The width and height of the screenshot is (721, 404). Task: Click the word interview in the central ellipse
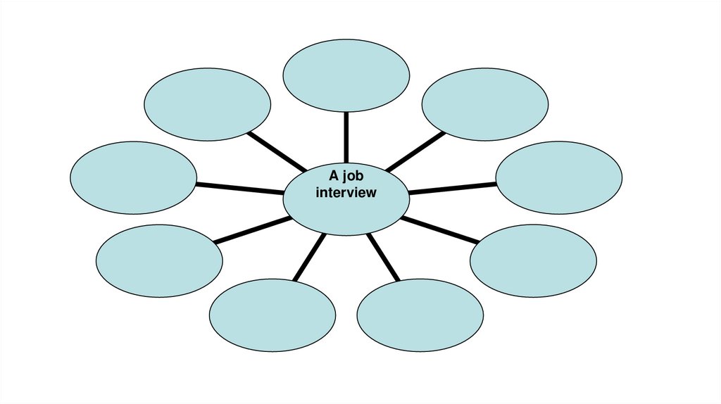(346, 192)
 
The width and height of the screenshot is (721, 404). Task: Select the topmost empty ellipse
(346, 75)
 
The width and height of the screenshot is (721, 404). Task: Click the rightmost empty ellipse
(559, 177)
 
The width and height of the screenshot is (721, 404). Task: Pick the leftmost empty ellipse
(134, 177)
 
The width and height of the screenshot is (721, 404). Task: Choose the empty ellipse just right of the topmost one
(485, 104)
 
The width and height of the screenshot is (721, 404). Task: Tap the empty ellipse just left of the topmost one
(207, 103)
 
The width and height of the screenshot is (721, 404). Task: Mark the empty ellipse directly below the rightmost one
(533, 260)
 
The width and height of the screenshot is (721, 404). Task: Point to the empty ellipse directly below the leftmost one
(159, 260)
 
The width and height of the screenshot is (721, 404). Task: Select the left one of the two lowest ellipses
(272, 315)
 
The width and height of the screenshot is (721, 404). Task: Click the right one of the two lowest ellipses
(420, 315)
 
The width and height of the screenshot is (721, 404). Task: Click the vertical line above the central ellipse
(346, 137)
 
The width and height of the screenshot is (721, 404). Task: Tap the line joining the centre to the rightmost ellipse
(453, 188)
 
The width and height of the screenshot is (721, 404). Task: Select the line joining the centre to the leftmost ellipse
(239, 188)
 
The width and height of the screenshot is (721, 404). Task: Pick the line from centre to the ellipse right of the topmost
(415, 151)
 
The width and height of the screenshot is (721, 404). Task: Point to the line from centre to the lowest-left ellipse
(310, 257)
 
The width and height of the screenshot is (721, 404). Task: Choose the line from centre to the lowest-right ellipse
(383, 257)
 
